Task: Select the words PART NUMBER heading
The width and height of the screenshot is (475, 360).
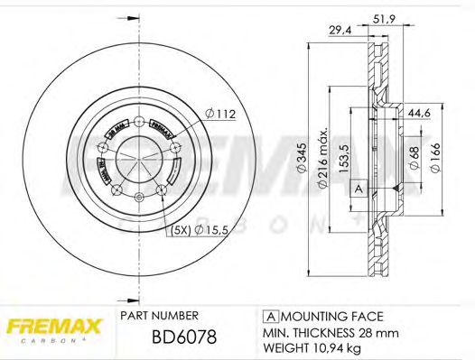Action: [159, 316]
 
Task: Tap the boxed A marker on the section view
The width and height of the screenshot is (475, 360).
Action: [358, 189]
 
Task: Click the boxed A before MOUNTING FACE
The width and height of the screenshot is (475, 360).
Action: [270, 316]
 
